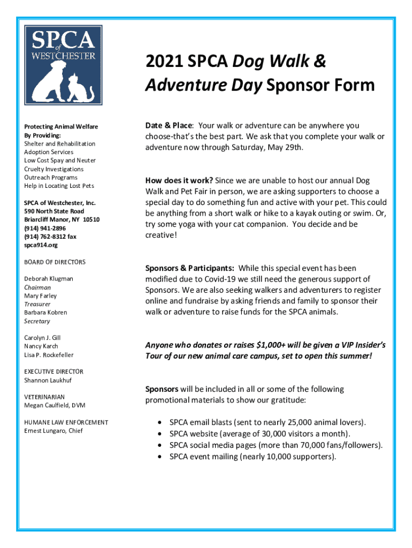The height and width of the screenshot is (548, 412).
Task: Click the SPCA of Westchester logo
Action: click(63, 64)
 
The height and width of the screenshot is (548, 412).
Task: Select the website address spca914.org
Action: click(41, 245)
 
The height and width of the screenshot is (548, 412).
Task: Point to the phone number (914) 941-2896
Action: click(45, 228)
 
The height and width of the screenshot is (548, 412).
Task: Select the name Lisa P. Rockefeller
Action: click(49, 355)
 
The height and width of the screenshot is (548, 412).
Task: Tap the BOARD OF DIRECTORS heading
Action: click(55, 262)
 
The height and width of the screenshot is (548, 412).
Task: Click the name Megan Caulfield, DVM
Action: click(55, 406)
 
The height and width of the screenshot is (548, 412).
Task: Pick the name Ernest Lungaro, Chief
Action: click(54, 431)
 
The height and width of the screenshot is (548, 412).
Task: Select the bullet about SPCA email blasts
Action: click(268, 422)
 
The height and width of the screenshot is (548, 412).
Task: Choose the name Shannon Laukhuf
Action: click(48, 380)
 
